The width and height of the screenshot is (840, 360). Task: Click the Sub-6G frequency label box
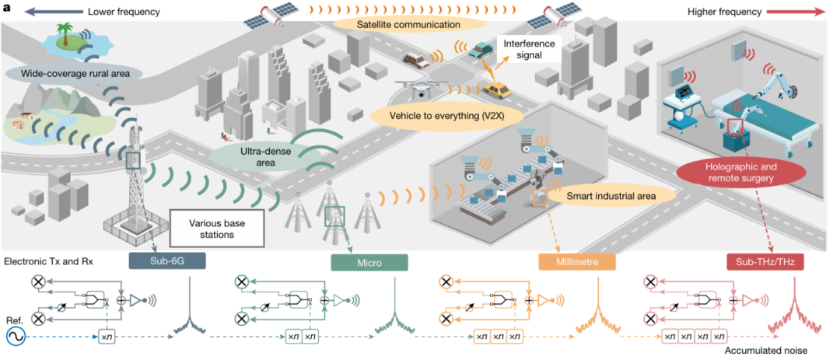coord(166,261)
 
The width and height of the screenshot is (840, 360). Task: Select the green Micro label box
coord(369,262)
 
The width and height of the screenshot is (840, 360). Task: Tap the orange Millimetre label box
coord(577,262)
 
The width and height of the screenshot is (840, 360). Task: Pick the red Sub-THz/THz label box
coord(765,262)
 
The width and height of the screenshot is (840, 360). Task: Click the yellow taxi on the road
coord(495,90)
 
